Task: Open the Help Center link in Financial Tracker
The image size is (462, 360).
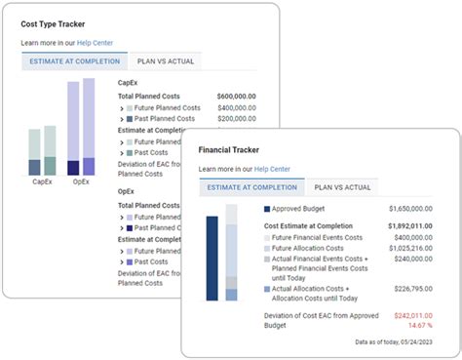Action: click(272, 170)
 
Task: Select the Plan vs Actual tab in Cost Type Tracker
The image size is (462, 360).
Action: click(167, 61)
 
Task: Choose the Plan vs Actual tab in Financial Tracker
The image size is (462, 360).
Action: click(344, 187)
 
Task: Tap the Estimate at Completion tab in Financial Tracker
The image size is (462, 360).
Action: click(253, 187)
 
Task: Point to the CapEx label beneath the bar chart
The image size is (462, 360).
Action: click(42, 181)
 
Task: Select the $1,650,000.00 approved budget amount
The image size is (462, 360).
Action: click(410, 210)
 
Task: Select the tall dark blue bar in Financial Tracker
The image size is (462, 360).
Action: click(212, 259)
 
